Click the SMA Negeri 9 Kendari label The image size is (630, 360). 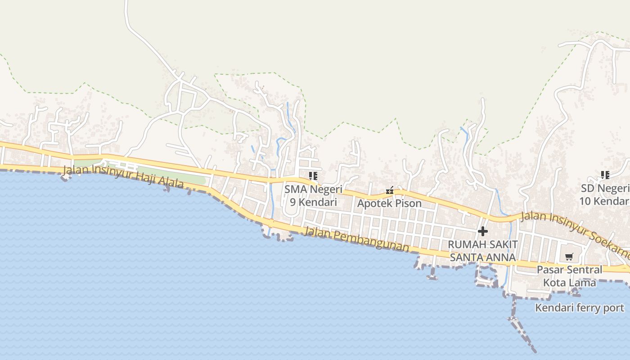tap(313, 196)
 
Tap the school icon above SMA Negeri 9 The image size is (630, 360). tap(313, 175)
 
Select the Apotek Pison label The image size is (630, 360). tap(389, 203)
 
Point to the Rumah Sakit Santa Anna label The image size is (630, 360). tap(483, 251)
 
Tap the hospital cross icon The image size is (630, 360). tap(483, 231)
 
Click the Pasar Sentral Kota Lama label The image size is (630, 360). tap(569, 276)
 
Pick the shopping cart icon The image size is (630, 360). tap(569, 257)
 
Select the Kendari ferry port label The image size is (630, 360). tap(580, 308)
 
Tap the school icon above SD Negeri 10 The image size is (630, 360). tap(605, 175)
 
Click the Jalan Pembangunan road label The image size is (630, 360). tap(356, 239)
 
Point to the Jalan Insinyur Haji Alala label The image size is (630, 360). tap(123, 176)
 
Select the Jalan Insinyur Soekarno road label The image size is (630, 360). tap(574, 229)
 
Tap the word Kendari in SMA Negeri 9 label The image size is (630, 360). tap(318, 202)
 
